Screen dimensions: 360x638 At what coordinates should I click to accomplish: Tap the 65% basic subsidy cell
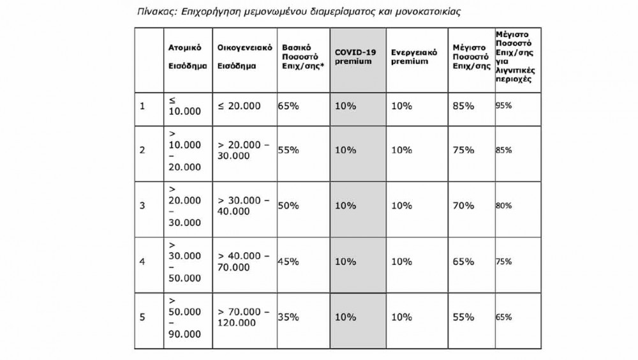click(289, 105)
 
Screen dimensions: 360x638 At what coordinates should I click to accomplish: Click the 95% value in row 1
click(504, 105)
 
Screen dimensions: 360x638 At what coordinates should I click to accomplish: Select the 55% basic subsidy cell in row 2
click(289, 149)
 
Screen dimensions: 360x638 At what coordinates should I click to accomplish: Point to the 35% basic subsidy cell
click(289, 316)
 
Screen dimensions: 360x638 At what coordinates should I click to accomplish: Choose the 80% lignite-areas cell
click(504, 206)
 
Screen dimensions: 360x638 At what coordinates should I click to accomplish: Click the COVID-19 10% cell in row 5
click(345, 316)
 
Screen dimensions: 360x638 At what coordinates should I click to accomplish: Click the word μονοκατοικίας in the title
click(431, 11)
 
